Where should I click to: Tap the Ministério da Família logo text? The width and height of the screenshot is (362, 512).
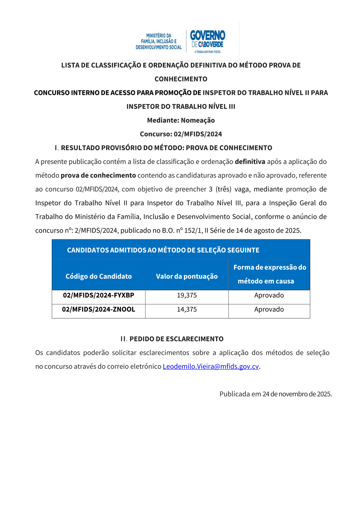click(x=159, y=41)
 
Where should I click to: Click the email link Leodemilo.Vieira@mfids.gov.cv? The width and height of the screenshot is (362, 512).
click(x=211, y=366)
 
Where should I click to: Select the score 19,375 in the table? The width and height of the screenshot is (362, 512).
click(x=187, y=295)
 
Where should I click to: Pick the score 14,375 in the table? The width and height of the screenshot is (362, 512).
click(x=187, y=309)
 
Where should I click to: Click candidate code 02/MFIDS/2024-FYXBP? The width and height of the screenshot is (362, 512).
click(x=98, y=295)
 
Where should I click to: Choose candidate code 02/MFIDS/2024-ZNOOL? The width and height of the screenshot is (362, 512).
click(x=98, y=309)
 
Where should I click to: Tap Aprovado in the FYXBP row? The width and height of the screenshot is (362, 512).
click(x=269, y=295)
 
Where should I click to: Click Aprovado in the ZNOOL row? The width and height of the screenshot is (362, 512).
click(x=269, y=309)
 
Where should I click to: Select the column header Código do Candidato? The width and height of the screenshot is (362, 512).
click(x=98, y=276)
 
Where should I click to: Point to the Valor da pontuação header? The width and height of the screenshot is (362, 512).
click(x=187, y=276)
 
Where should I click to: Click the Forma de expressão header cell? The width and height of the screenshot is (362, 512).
click(x=269, y=274)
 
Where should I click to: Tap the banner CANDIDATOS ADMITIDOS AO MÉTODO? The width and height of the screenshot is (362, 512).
click(x=163, y=250)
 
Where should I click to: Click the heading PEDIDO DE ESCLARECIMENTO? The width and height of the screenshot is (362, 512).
click(x=176, y=339)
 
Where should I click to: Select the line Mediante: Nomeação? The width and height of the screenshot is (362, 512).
click(x=181, y=120)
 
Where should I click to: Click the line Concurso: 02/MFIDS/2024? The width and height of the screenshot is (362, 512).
click(x=181, y=134)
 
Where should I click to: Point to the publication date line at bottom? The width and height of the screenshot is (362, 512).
click(x=275, y=394)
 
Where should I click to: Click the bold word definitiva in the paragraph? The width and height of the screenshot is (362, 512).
click(x=250, y=162)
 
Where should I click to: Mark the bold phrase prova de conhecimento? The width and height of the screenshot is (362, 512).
click(x=98, y=175)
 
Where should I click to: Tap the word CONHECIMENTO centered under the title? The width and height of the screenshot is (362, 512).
click(x=181, y=79)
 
